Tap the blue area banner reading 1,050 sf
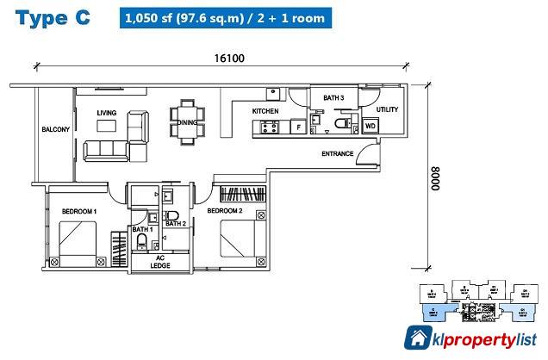(x=223, y=18)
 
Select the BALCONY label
(x=55, y=130)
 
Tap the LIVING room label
(x=107, y=113)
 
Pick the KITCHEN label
(x=264, y=113)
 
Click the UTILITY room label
(x=387, y=110)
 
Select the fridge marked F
(x=298, y=127)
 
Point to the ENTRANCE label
(x=338, y=154)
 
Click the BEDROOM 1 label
(x=78, y=211)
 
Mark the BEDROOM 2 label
(x=225, y=211)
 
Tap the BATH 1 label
(x=142, y=229)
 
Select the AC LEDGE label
(x=159, y=261)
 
